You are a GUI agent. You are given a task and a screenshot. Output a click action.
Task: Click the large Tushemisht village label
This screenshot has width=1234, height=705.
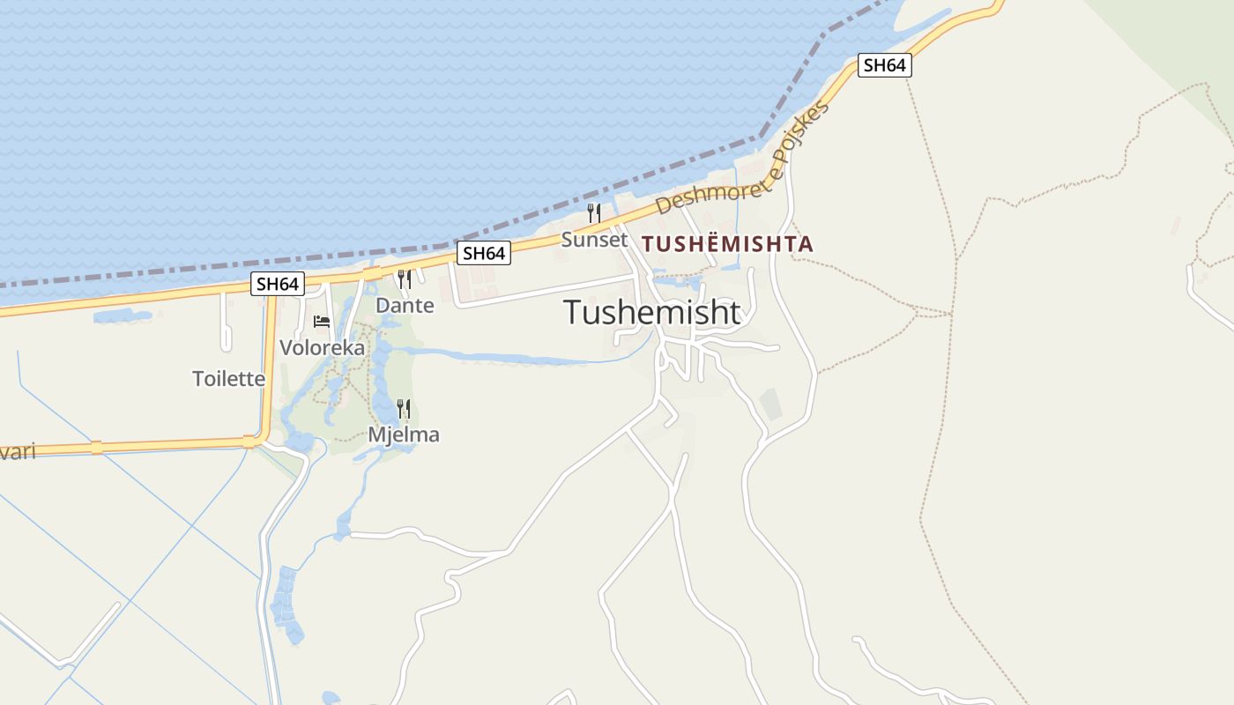[x=651, y=312]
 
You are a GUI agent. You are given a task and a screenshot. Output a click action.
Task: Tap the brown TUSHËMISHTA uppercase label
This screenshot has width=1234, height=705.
[x=727, y=244]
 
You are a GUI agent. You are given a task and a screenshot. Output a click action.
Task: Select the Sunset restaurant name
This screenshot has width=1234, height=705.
[x=594, y=239]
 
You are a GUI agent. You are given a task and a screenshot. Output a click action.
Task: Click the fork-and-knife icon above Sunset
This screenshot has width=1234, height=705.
[x=594, y=213]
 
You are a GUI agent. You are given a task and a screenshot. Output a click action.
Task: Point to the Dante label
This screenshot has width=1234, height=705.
[x=405, y=305]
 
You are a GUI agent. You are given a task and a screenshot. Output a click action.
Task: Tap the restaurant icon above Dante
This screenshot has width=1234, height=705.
[x=405, y=279]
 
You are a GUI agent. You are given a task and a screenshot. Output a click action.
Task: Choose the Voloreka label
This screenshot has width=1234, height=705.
[x=322, y=347]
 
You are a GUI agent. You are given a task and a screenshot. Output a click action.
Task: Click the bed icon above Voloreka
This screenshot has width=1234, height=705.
[x=322, y=321]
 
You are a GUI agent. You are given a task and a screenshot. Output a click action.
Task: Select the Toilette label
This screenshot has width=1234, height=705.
[x=228, y=378]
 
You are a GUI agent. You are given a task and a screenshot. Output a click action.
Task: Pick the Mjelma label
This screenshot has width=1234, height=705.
[x=404, y=434]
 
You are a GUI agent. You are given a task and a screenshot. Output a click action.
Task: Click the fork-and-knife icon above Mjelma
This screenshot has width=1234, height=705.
[x=404, y=408]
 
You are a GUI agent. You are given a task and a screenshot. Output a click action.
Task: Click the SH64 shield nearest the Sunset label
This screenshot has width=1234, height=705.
[x=484, y=253]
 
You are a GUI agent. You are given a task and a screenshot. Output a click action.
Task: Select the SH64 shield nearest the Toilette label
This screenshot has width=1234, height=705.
[x=278, y=284]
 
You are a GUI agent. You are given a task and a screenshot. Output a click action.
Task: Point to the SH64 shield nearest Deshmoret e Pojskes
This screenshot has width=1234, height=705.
[x=884, y=65]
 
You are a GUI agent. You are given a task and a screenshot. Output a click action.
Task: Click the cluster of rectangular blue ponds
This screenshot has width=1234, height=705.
[x=286, y=603]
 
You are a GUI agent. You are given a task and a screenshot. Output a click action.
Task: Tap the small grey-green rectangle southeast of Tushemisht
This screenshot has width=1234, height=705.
[x=770, y=404]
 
